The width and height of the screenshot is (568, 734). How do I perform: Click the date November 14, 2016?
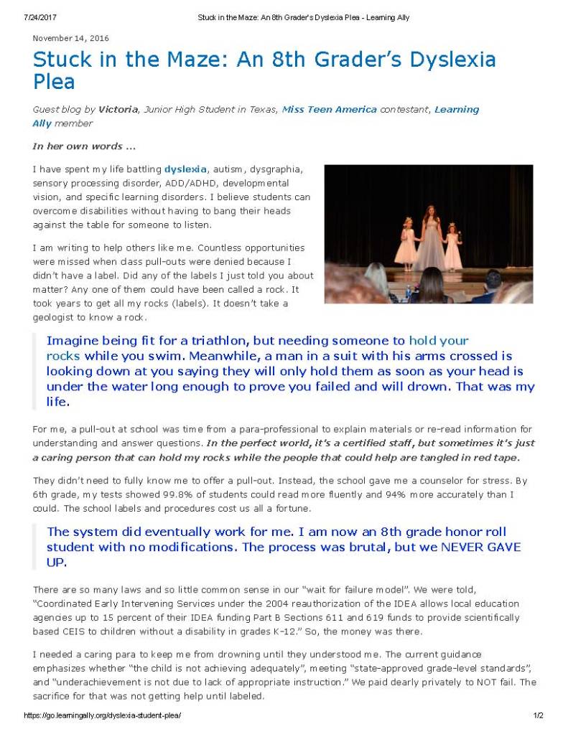pyautogui.click(x=71, y=38)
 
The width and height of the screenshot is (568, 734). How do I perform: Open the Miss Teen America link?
pyautogui.click(x=330, y=110)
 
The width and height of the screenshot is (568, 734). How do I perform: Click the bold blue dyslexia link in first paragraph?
pyautogui.click(x=186, y=170)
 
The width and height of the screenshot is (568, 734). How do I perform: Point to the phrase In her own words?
pyautogui.click(x=84, y=146)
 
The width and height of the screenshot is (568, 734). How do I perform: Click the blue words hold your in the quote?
pyautogui.click(x=439, y=341)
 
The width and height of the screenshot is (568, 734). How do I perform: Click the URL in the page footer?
pyautogui.click(x=103, y=716)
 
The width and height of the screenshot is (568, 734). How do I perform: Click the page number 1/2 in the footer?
pyautogui.click(x=539, y=716)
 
